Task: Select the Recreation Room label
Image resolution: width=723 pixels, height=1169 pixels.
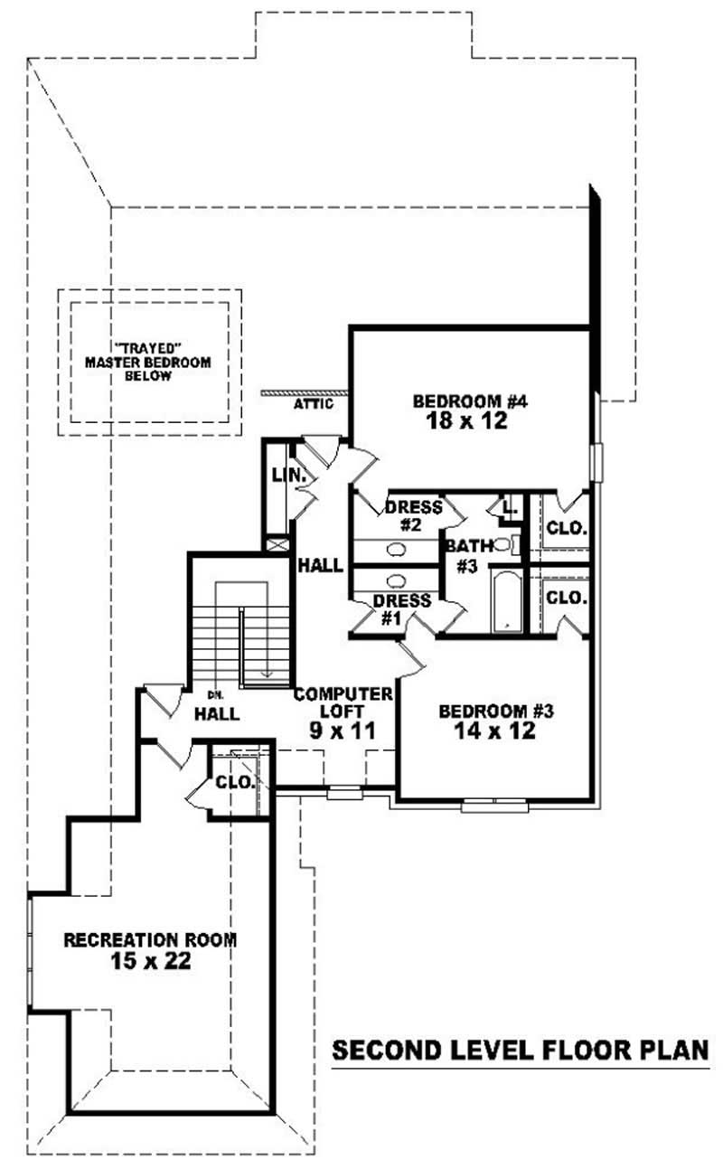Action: coord(150,940)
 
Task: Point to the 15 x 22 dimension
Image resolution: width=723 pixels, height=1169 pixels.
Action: coord(150,961)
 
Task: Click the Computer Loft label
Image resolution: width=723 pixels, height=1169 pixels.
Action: coord(343,702)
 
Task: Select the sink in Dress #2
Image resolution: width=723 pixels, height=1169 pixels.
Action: coord(395,550)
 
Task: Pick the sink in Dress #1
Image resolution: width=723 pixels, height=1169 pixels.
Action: coord(395,580)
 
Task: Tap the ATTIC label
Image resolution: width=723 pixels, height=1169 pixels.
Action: coord(314,404)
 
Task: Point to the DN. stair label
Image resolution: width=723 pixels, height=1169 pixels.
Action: coord(215,694)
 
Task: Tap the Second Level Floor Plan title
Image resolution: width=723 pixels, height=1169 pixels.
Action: coord(520,1051)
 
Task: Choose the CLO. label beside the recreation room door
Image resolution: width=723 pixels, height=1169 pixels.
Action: coord(234,783)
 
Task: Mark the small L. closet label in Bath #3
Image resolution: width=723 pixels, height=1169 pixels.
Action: coord(510,509)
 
